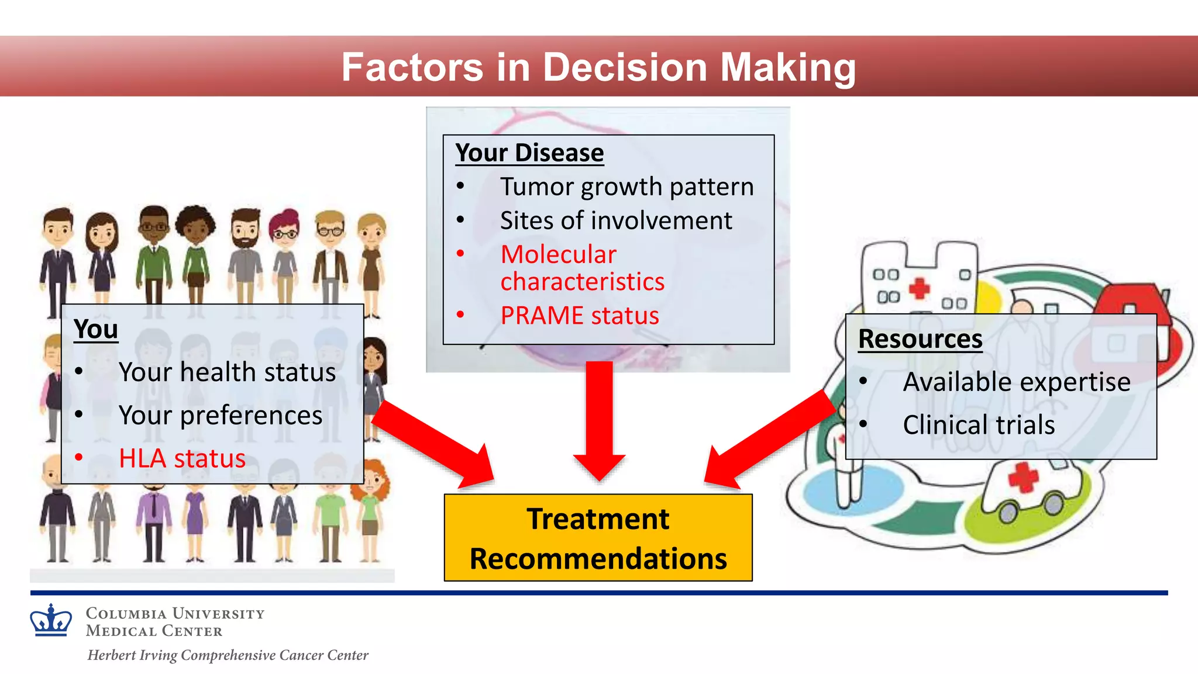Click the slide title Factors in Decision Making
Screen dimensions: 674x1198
click(x=598, y=67)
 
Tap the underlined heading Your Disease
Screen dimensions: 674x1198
click(x=529, y=153)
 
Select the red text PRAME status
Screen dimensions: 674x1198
click(x=579, y=316)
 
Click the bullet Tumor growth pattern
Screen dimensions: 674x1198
click(x=626, y=187)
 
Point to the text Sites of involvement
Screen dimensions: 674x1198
click(x=615, y=221)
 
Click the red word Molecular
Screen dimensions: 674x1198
click(x=558, y=254)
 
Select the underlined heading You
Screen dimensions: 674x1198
click(x=96, y=329)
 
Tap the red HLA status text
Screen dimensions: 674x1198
click(x=182, y=458)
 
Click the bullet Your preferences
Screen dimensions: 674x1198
click(x=220, y=415)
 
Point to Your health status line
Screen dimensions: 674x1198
click(x=227, y=372)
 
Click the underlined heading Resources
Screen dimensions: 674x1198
click(x=920, y=339)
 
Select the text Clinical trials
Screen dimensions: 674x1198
click(x=978, y=425)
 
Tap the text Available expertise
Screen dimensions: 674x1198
click(x=1016, y=382)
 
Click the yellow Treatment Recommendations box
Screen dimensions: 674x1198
click(x=598, y=538)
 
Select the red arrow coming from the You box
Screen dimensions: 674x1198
click(x=433, y=443)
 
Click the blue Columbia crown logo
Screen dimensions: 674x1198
click(x=51, y=621)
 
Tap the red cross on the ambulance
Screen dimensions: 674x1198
click(x=1023, y=476)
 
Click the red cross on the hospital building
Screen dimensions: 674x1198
click(x=919, y=288)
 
